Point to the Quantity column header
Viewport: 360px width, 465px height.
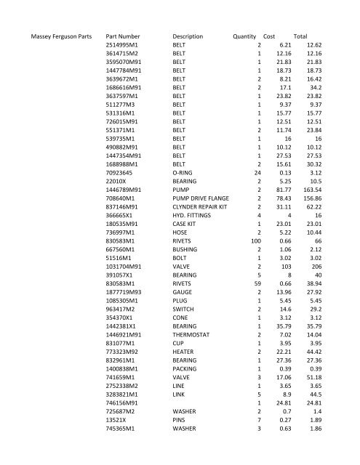pyautogui.click(x=244, y=36)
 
